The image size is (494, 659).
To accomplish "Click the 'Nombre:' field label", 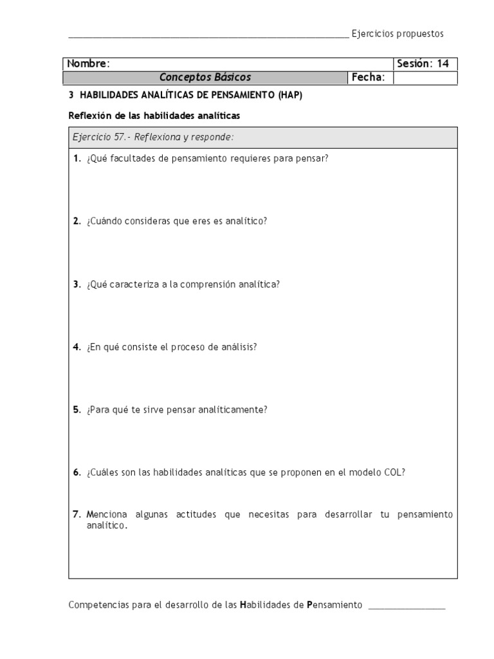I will click(88, 64).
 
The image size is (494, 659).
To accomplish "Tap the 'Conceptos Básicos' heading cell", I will click(205, 78).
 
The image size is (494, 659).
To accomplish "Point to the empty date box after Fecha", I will click(425, 78).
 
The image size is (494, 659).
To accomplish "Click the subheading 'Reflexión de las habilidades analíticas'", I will click(154, 116).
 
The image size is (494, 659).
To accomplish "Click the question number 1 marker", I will click(76, 158).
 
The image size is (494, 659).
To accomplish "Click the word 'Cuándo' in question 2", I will click(103, 221).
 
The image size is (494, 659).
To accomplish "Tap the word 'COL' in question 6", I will click(394, 472).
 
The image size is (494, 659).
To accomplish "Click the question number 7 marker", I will click(77, 514).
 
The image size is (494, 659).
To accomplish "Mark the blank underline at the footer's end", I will click(406, 607).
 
